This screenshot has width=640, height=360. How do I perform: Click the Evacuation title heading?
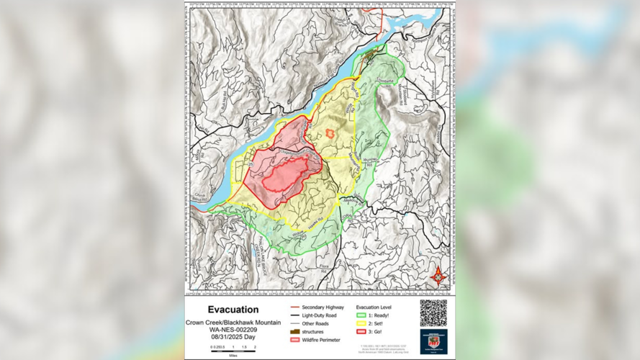coord(233,310)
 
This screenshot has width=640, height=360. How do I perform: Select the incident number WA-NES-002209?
coord(233,329)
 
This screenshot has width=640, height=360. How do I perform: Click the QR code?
coord(433,313)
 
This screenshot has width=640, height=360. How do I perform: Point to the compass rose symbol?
coord(438,276)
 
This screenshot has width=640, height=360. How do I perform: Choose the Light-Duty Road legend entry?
coord(316,315)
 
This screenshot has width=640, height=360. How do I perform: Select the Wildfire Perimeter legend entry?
coord(317,340)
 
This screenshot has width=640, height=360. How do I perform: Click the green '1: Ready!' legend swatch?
coord(362,315)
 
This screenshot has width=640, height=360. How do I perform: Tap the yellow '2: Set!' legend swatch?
coord(362,323)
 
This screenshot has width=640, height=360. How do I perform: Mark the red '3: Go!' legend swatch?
coord(362,332)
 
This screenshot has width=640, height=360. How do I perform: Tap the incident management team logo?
coord(433,341)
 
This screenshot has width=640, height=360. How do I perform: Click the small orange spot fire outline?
coord(330,133)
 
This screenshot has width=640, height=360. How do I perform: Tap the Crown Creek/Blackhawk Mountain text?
coord(233,322)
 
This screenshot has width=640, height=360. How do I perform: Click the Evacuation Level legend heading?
coord(373,307)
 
